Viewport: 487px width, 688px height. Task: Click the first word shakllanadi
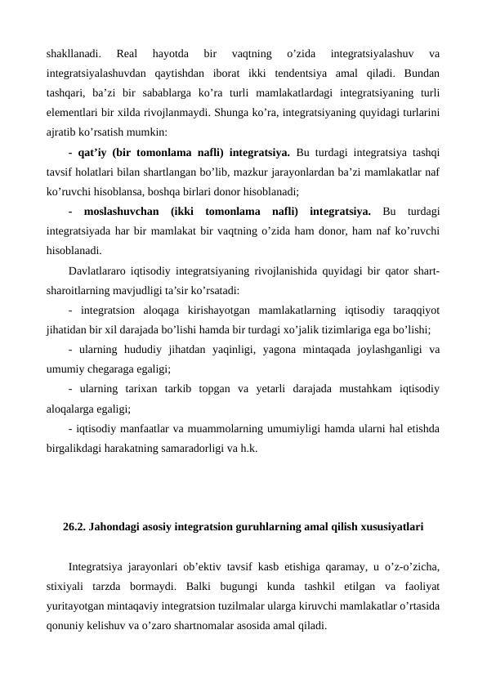pyautogui.click(x=74, y=55)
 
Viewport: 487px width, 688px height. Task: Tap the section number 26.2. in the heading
pyautogui.click(x=76, y=528)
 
